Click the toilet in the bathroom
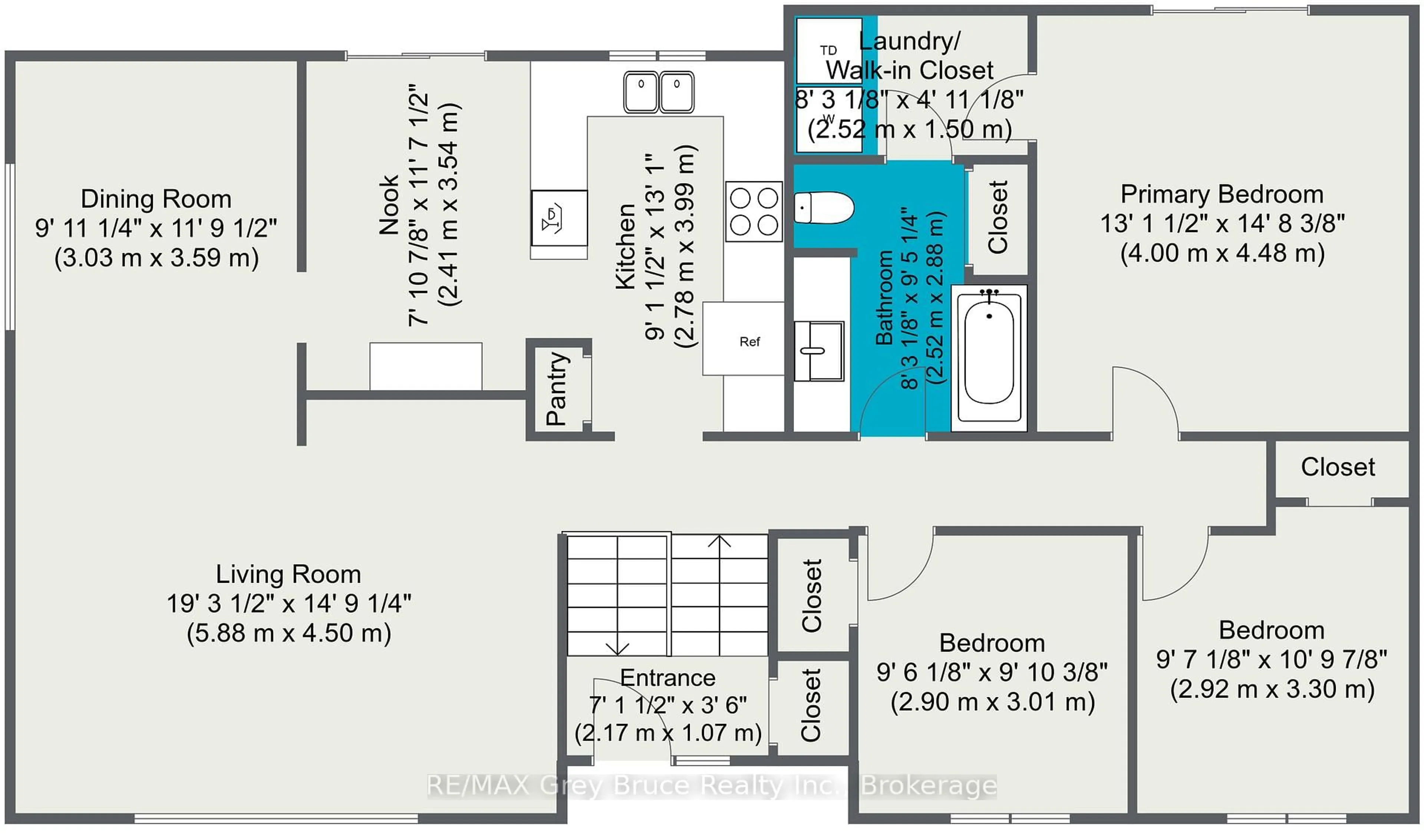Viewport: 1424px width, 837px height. (823, 208)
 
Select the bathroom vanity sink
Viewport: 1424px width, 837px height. (818, 351)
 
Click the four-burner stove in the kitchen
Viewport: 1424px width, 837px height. (754, 212)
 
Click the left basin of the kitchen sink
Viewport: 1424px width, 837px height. (641, 92)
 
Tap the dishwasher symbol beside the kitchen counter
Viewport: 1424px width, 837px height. (559, 218)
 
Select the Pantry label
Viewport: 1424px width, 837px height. (557, 388)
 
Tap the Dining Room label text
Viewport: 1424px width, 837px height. (156, 199)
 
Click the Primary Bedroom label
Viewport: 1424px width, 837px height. (1222, 194)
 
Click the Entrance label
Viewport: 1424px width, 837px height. (667, 678)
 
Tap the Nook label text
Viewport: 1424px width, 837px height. (389, 205)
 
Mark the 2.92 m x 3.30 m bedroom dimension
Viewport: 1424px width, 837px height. (1272, 689)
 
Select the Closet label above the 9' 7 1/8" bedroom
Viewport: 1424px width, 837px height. (1338, 467)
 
